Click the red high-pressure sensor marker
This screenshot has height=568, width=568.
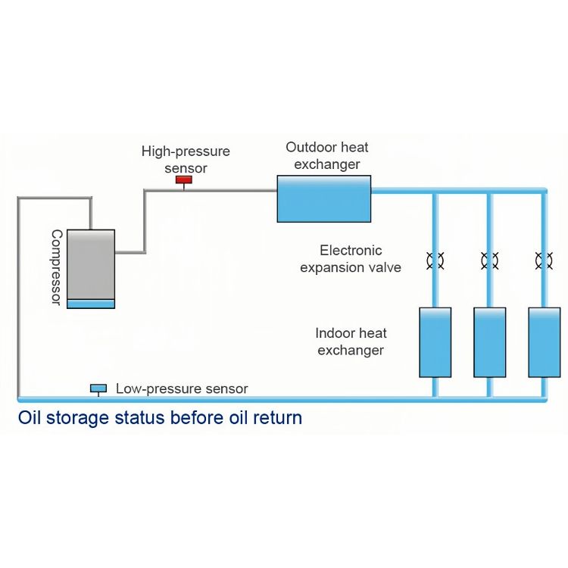(183, 180)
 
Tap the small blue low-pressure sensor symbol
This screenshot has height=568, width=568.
(98, 389)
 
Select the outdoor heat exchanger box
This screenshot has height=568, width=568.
(323, 198)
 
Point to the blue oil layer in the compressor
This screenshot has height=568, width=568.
(91, 304)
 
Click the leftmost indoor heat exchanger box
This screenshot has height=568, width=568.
(435, 342)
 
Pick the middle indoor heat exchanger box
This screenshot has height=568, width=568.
(489, 342)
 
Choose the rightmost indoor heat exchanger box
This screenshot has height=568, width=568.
(544, 342)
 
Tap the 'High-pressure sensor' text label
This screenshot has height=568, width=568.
(186, 159)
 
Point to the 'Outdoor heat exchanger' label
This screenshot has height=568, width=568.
(327, 154)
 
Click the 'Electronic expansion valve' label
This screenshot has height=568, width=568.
(351, 258)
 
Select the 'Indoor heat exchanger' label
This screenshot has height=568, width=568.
(351, 342)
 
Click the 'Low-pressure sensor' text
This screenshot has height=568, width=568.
(182, 389)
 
